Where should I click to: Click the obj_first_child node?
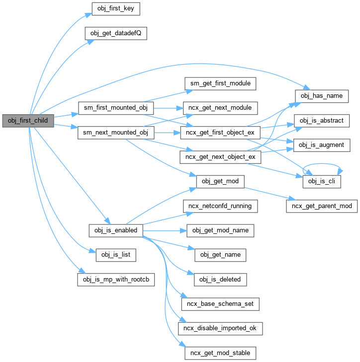point(28,121)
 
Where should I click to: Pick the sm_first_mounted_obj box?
point(116,108)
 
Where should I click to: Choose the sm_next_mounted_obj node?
point(116,133)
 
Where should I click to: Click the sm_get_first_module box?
point(220,83)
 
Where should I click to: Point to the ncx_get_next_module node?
point(220,108)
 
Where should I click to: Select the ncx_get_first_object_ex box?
point(220,133)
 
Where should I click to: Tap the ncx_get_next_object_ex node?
point(220,157)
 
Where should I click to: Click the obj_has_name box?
point(322,95)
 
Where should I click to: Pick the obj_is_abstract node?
point(322,121)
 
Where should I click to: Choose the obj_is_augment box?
point(322,145)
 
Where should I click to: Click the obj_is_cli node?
point(322,182)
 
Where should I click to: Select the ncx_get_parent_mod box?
point(322,206)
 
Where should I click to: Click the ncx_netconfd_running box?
point(220,206)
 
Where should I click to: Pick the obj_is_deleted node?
point(220,279)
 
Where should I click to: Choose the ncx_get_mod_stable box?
point(220,353)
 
